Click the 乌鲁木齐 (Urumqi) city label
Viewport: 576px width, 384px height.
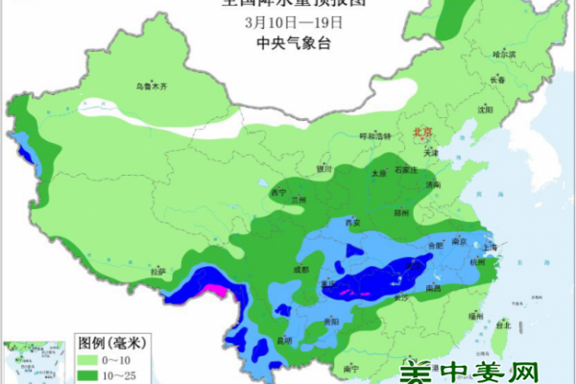point(151,87)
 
